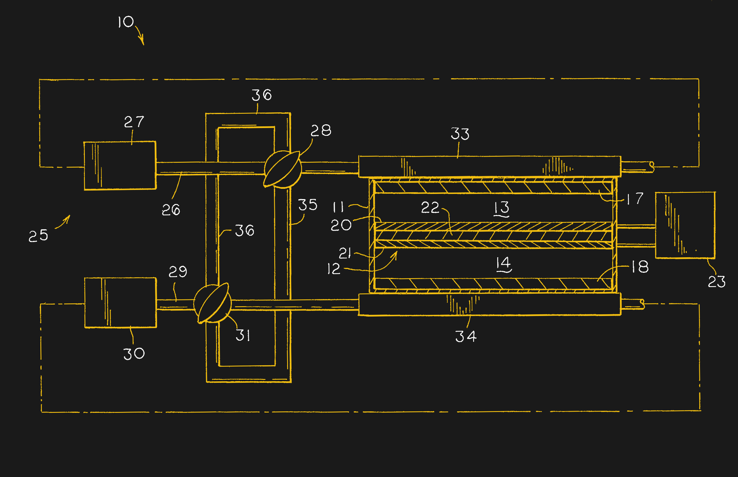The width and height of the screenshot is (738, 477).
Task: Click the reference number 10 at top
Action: click(126, 22)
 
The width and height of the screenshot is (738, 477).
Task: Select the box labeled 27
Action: click(120, 165)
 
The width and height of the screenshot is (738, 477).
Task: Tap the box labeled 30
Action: click(121, 303)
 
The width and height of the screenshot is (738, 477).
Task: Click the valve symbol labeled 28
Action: click(282, 169)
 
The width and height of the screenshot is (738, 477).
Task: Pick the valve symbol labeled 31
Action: click(213, 304)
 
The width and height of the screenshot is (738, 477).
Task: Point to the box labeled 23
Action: click(685, 225)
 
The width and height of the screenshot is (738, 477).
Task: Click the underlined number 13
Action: click(502, 208)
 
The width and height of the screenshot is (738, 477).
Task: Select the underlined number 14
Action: click(504, 264)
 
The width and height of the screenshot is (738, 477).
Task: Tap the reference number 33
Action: click(460, 134)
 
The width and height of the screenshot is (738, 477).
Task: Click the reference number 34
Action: click(466, 336)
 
